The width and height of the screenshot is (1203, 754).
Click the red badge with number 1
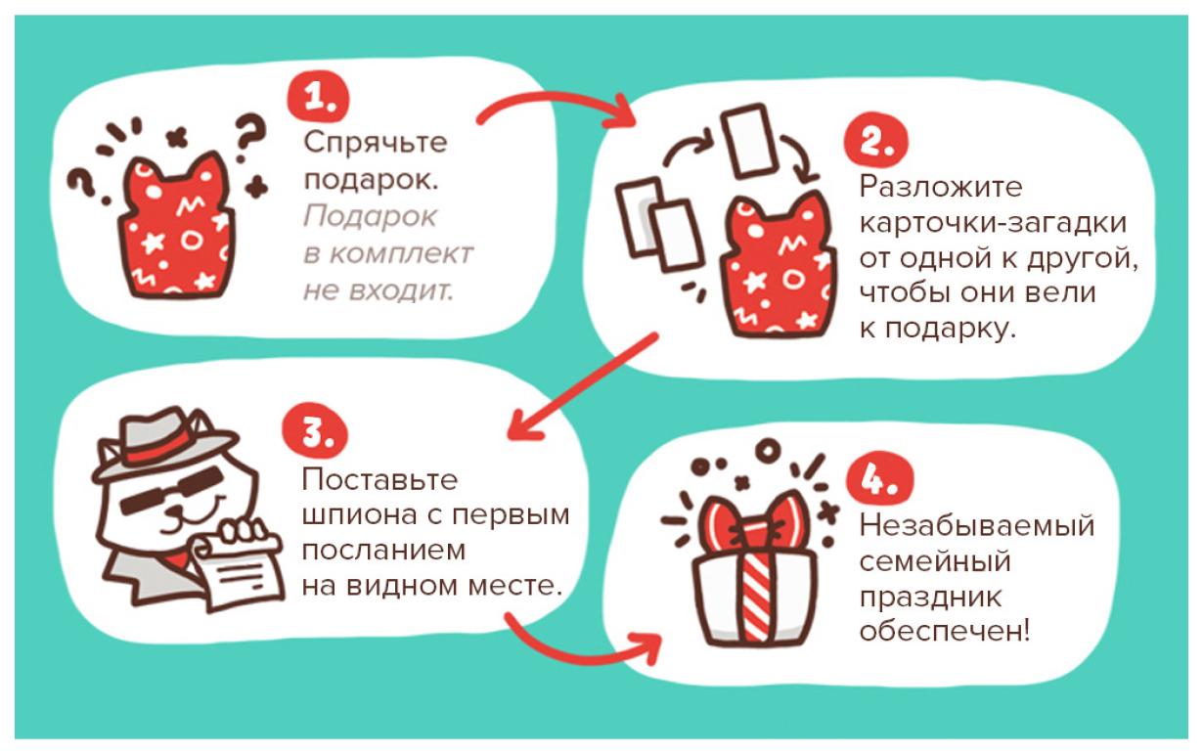318,97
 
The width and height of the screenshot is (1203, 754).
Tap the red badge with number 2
875,140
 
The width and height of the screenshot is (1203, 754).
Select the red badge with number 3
315,430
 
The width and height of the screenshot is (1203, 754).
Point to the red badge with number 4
879,477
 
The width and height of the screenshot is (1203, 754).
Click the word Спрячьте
376,143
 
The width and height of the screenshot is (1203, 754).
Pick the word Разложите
941,187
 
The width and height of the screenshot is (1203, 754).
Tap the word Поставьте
379,479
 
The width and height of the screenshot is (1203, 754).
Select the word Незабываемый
976,525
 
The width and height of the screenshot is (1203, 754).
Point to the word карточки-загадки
993,223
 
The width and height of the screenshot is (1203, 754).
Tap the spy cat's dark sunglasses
172,490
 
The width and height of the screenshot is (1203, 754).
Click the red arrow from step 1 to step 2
554,100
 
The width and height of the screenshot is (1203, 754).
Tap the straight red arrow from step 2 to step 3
582,386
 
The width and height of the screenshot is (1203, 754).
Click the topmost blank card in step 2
749,141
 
